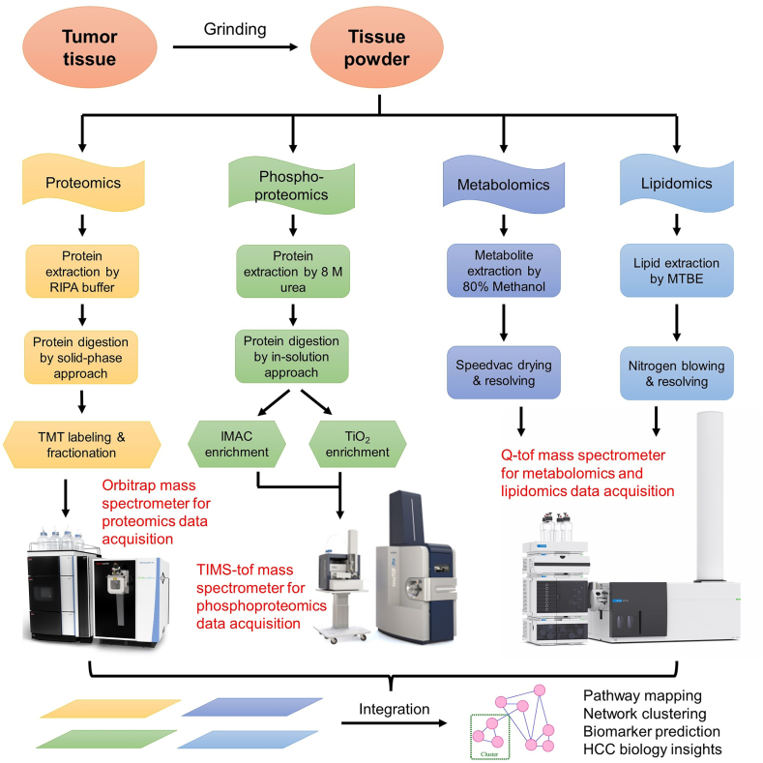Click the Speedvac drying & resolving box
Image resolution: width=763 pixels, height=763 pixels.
pos(502,372)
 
